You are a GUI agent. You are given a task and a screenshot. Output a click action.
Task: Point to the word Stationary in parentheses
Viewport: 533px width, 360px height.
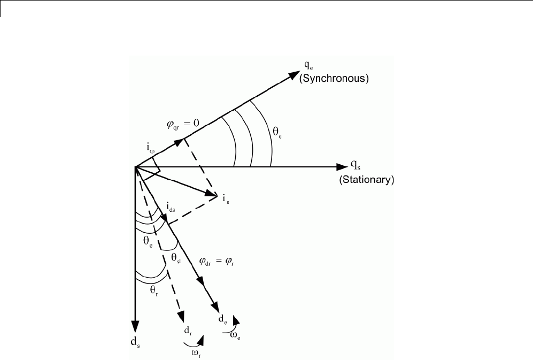pyautogui.click(x=367, y=180)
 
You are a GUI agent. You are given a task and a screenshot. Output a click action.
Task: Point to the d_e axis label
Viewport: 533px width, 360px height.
pyautogui.click(x=221, y=319)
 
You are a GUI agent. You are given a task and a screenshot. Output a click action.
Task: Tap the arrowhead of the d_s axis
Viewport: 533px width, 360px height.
pyautogui.click(x=135, y=327)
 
